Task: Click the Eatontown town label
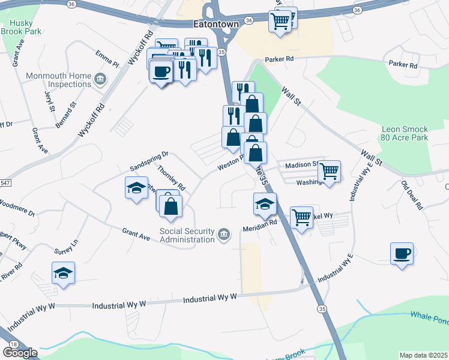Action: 215,24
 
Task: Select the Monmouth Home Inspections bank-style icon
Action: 100,79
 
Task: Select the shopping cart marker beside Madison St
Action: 329,172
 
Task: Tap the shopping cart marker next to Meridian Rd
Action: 301,217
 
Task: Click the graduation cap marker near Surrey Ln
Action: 63,273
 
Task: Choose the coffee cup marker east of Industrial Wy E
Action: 402,253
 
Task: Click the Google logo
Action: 20,353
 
